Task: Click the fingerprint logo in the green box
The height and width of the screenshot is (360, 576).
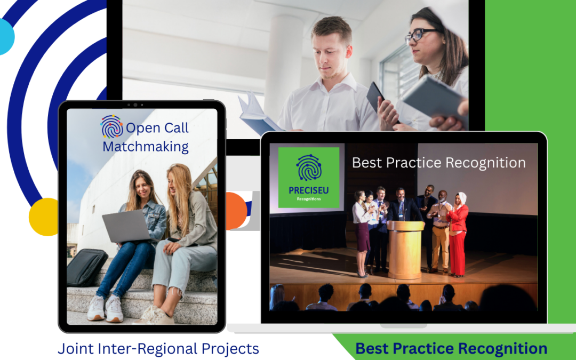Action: click(309, 167)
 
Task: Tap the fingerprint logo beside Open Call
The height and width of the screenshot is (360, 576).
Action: click(111, 127)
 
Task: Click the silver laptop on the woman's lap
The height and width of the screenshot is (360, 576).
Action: click(126, 225)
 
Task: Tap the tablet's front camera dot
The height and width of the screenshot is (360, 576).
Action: click(135, 105)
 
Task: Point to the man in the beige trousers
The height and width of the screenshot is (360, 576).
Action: click(440, 235)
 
